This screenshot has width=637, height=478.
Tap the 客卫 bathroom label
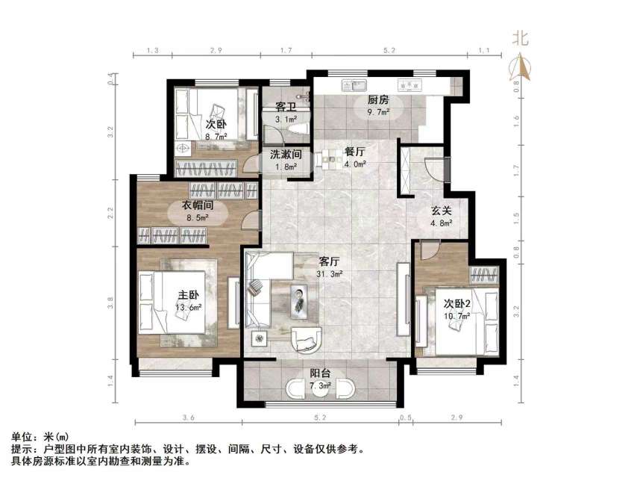(286, 108)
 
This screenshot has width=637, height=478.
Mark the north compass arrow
(520, 67)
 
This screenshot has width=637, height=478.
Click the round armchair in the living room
(306, 338)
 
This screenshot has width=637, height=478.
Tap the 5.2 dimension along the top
(389, 50)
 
